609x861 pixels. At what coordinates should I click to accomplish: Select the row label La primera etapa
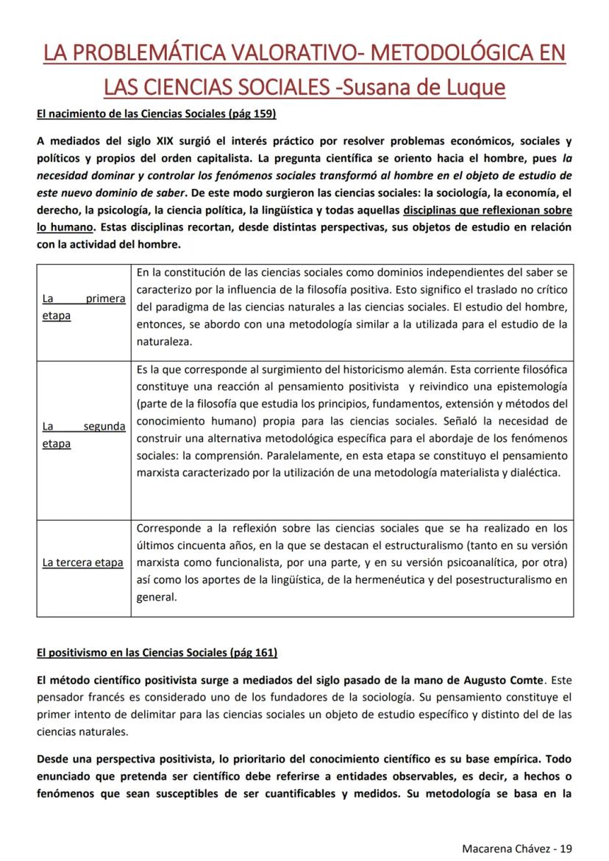[x=83, y=307]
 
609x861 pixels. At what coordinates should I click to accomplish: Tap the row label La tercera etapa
[x=82, y=562]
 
